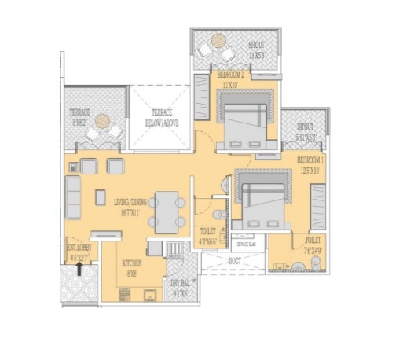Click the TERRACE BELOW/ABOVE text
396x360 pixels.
160,118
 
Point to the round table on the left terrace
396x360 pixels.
102,121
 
